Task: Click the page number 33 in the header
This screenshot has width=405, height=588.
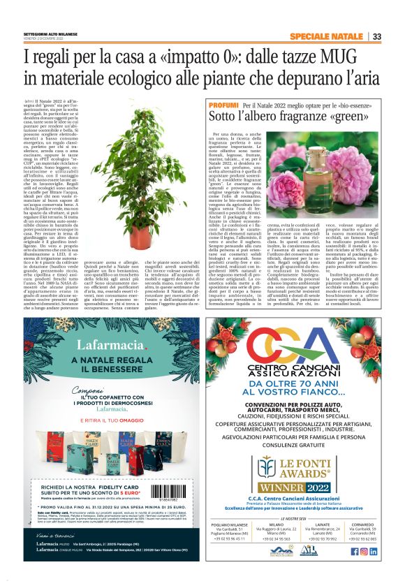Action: (376, 36)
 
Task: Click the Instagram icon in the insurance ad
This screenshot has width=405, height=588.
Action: (363, 551)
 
